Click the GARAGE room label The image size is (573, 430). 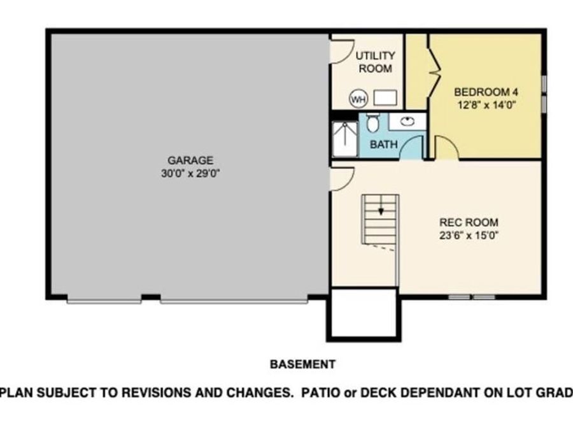coord(190,161)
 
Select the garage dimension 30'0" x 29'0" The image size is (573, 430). coord(190,173)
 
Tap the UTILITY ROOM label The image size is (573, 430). coord(375,62)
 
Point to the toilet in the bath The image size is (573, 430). coord(373,122)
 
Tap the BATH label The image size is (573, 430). coord(383,145)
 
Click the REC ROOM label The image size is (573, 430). coord(469,222)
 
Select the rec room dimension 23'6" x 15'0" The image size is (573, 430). coord(469,235)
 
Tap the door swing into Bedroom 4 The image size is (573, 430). coord(446,148)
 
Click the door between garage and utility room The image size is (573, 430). coord(341,52)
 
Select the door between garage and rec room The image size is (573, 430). coord(341,179)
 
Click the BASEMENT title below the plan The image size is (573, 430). coord(302,364)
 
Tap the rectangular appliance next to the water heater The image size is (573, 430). coord(385,98)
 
